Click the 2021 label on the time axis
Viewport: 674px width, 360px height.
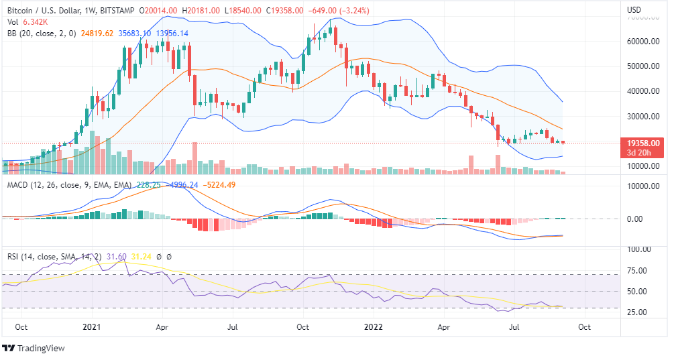click(x=91, y=327)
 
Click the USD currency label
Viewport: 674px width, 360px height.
click(x=634, y=10)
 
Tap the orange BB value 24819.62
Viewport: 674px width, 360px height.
click(x=97, y=33)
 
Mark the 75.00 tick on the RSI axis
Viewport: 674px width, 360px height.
click(x=637, y=271)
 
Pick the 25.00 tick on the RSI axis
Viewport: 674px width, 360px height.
click(x=637, y=312)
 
